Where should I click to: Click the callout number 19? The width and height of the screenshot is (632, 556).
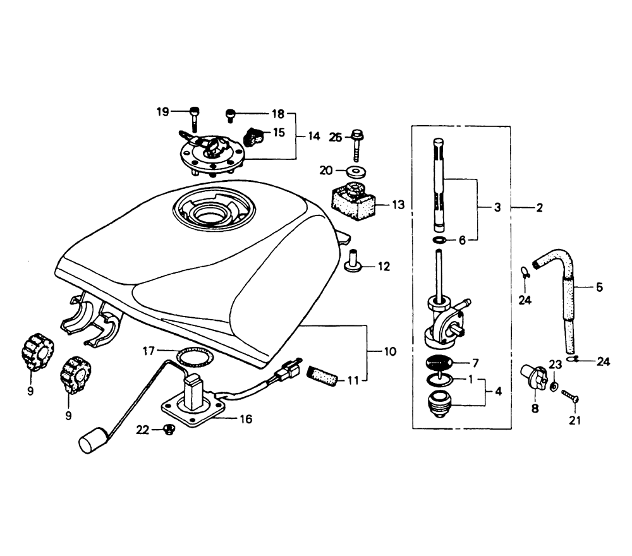[163, 112]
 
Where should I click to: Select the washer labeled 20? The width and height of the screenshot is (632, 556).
[356, 171]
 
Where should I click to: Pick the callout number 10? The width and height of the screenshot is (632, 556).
[390, 351]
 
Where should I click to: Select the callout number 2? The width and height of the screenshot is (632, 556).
[539, 208]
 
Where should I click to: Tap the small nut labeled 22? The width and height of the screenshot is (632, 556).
[168, 430]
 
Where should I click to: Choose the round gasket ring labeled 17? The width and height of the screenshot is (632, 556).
[195, 355]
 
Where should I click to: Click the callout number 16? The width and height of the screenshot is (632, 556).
[246, 419]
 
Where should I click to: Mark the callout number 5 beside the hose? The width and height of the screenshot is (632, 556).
[599, 287]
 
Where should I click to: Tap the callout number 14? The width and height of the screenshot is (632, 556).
[313, 136]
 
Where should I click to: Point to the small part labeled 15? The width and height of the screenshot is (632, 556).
[254, 136]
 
